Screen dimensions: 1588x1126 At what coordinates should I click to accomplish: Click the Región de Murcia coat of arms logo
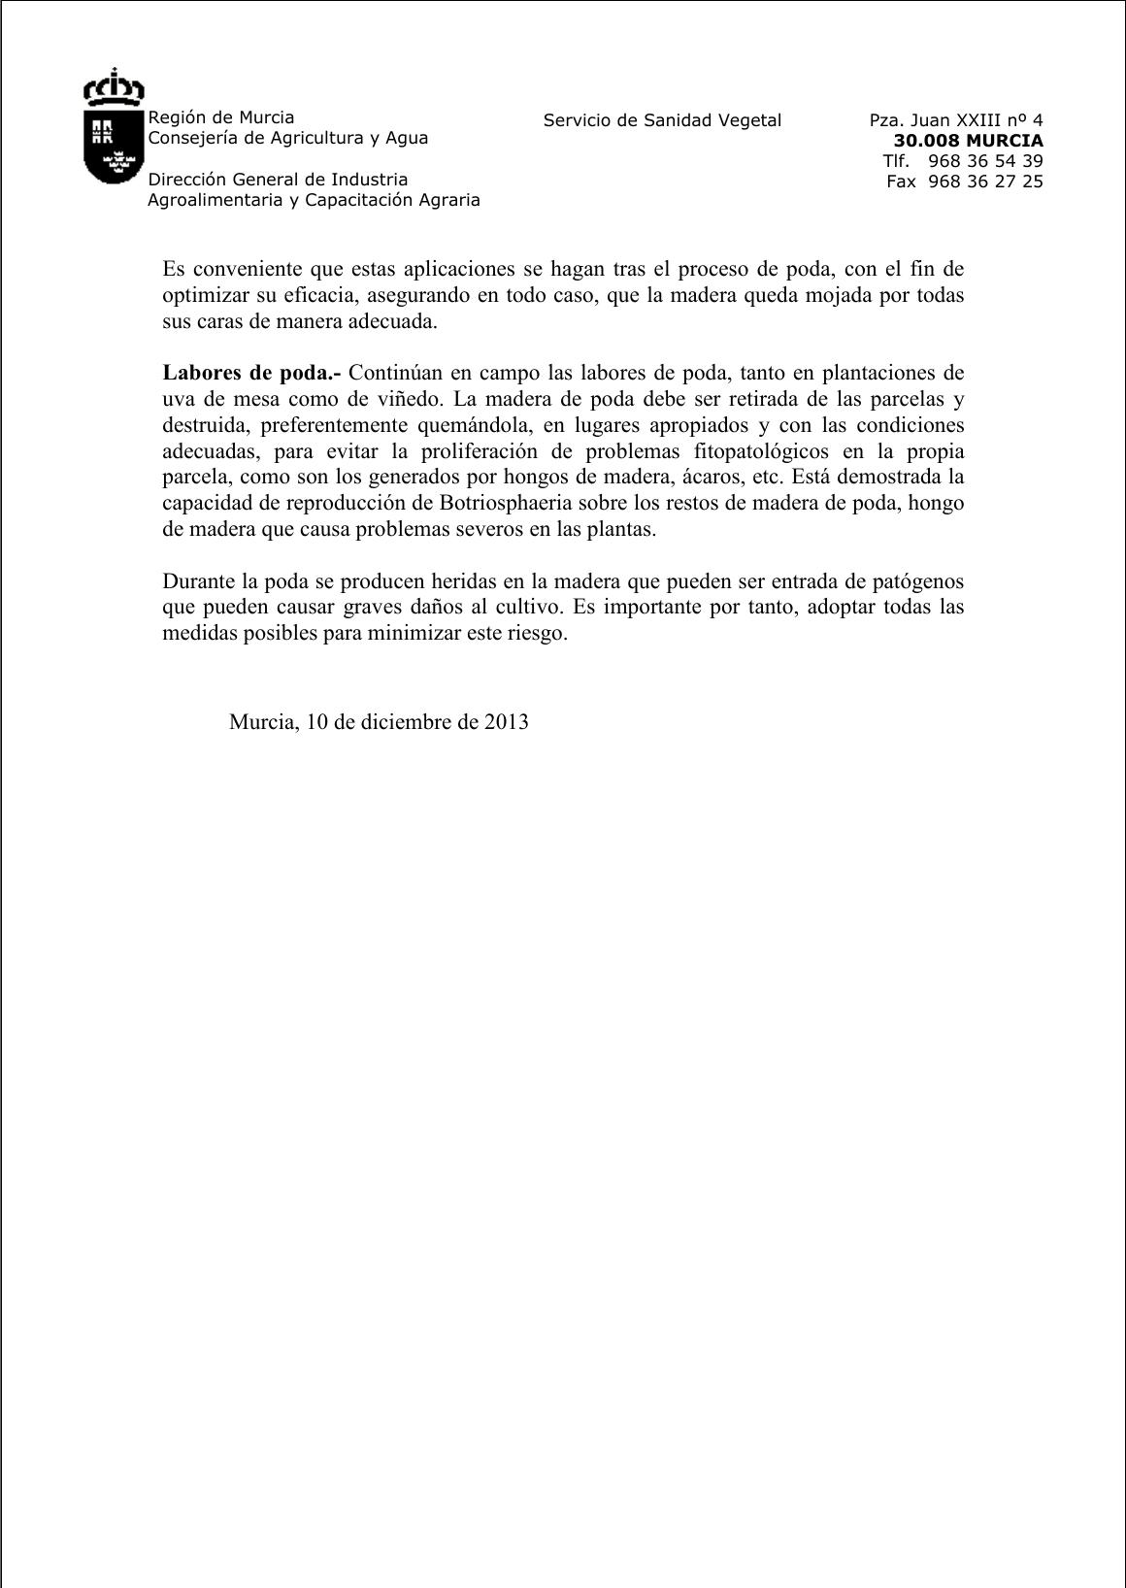click(x=114, y=127)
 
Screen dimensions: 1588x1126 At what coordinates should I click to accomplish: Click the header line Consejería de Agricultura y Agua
click(x=287, y=138)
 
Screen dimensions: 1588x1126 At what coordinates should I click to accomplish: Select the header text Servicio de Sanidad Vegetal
click(x=662, y=120)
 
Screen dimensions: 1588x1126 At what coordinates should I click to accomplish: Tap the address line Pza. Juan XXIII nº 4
click(x=955, y=120)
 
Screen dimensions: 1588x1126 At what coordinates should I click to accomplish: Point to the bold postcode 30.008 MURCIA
click(x=968, y=141)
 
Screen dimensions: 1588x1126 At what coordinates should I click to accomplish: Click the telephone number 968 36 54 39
click(x=984, y=161)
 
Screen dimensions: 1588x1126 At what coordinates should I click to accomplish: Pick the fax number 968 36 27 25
click(x=984, y=182)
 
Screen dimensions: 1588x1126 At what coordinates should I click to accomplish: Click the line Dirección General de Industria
click(x=278, y=180)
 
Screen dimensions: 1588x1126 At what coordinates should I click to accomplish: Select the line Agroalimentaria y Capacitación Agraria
click(x=314, y=200)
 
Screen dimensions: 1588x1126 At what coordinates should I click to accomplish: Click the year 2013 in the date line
click(x=506, y=722)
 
